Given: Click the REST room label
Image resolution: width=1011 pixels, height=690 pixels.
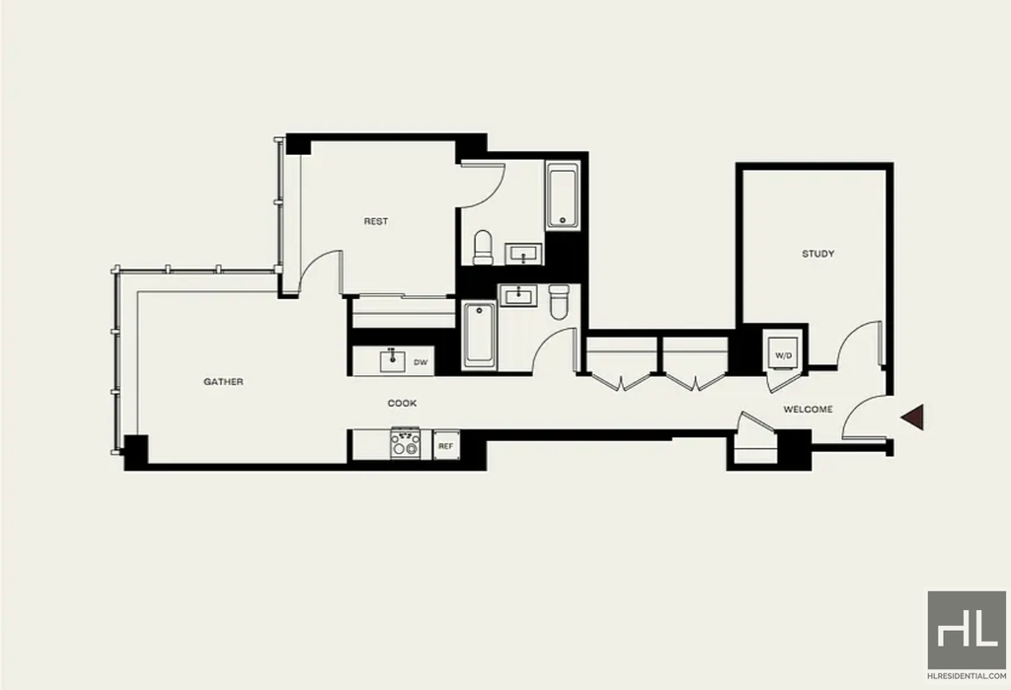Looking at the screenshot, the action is [x=376, y=221].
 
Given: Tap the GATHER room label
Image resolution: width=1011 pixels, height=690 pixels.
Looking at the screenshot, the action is [x=224, y=382].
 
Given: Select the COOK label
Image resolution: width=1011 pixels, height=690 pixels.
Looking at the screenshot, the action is [x=402, y=403].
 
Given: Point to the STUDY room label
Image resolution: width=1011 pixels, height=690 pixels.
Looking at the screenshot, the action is [x=818, y=254].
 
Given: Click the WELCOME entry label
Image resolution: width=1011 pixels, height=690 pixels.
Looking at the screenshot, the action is [x=808, y=410].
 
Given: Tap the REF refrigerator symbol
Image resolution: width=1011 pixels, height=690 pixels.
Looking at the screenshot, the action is [x=445, y=445].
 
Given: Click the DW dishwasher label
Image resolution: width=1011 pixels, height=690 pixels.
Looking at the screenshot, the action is [x=421, y=362].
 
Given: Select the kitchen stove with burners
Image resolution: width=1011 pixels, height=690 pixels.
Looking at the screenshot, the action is [x=405, y=443].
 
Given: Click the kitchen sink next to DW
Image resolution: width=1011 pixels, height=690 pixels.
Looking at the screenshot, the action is [x=392, y=361].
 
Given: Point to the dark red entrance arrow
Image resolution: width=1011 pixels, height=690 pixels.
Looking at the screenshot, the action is [x=912, y=418].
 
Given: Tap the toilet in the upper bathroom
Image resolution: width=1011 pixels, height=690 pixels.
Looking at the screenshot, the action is [x=483, y=248].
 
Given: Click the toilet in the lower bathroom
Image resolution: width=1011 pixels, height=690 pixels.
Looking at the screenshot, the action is [x=559, y=302].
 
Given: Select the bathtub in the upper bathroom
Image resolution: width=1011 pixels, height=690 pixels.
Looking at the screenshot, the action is [x=563, y=196].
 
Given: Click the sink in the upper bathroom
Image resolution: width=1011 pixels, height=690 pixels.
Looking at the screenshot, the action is [x=523, y=254].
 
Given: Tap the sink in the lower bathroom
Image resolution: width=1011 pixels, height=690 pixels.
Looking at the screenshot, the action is [x=517, y=296].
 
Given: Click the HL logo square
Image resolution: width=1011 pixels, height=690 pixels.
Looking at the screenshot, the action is [x=967, y=630].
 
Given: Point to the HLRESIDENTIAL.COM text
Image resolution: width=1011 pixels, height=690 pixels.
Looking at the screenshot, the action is [x=967, y=676].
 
